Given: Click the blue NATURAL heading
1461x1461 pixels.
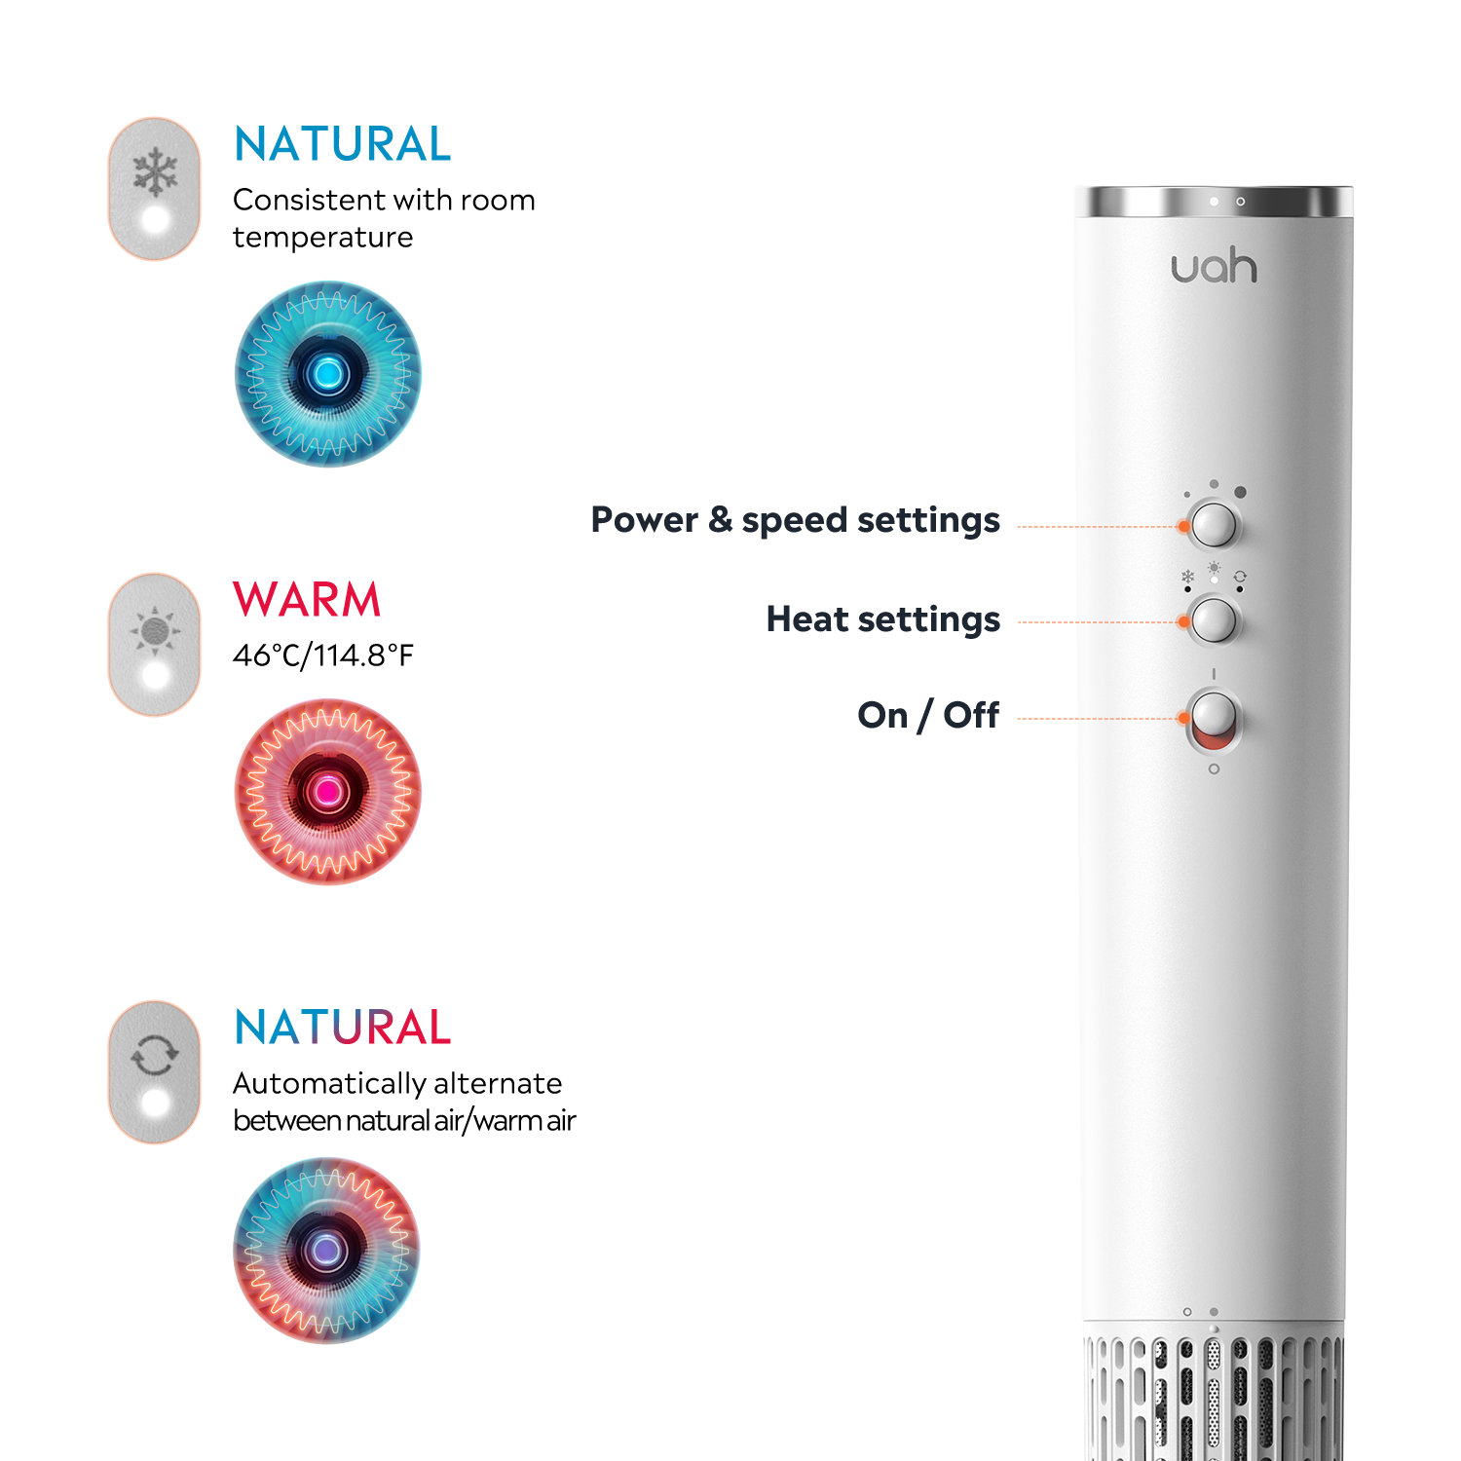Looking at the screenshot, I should pyautogui.click(x=343, y=144).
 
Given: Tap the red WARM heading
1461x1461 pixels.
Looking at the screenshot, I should pyautogui.click(x=307, y=600).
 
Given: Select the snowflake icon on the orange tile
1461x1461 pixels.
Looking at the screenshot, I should pyautogui.click(x=155, y=173).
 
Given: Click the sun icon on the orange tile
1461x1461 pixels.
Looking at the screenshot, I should pyautogui.click(x=155, y=631).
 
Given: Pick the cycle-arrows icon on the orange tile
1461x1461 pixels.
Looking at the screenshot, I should pyautogui.click(x=155, y=1055).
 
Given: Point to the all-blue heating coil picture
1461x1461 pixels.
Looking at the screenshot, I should pyautogui.click(x=328, y=374).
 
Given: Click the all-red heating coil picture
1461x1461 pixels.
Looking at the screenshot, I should pyautogui.click(x=328, y=792).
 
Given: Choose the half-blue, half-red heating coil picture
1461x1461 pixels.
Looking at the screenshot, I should pyautogui.click(x=327, y=1251).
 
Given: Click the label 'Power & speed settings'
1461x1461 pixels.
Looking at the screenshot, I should pyautogui.click(x=795, y=520).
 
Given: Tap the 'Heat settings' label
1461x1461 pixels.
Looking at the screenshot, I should pyautogui.click(x=882, y=619).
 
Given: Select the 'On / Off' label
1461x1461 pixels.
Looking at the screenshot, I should pyautogui.click(x=928, y=715).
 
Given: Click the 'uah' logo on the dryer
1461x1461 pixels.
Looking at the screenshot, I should pyautogui.click(x=1214, y=267).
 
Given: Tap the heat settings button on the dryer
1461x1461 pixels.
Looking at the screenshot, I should pyautogui.click(x=1214, y=620).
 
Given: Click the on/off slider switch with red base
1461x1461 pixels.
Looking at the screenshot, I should pyautogui.click(x=1214, y=721).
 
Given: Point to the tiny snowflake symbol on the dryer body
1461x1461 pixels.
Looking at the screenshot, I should pyautogui.click(x=1187, y=577).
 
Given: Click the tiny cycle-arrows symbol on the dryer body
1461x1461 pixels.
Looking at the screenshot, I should pyautogui.click(x=1240, y=577).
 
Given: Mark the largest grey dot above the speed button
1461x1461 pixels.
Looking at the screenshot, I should pyautogui.click(x=1240, y=492).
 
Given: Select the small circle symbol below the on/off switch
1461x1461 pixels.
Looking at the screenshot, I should pyautogui.click(x=1214, y=769).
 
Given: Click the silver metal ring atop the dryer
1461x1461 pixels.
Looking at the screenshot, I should pyautogui.click(x=1214, y=202).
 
